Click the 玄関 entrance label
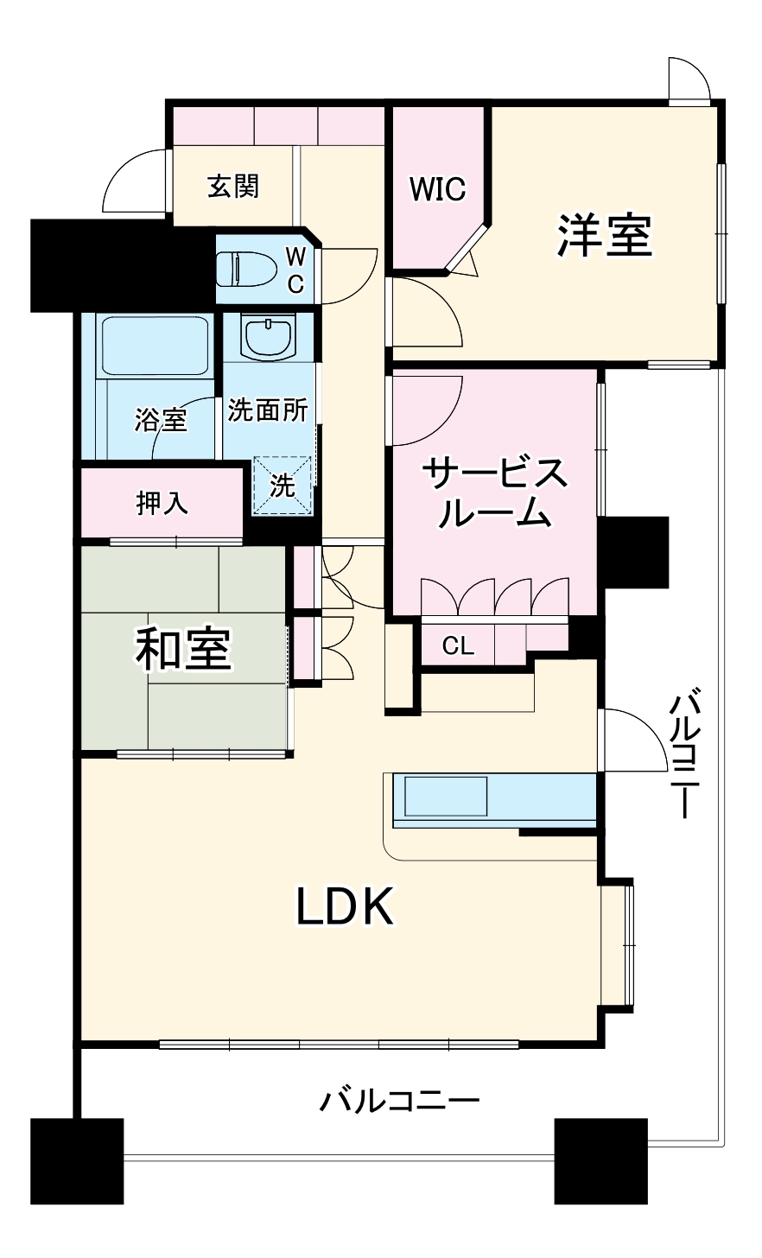(232, 186)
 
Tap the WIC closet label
(437, 188)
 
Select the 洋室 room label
(604, 234)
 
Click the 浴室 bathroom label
(161, 421)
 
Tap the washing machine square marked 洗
(282, 486)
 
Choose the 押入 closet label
(162, 503)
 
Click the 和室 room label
(183, 650)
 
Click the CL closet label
(458, 646)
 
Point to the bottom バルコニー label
(399, 1101)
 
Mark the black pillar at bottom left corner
(77, 1161)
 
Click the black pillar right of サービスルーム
(634, 552)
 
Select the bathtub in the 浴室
(156, 346)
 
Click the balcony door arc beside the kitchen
(635, 739)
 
